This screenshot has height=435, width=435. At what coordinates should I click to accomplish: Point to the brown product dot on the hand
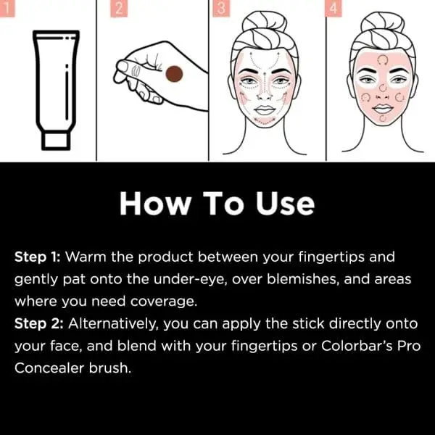pos(174,75)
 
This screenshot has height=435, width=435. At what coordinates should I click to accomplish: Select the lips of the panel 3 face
pos(267,110)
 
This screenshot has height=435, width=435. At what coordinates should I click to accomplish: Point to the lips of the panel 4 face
pos(381,110)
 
